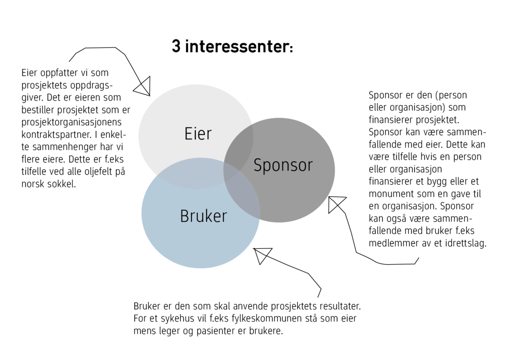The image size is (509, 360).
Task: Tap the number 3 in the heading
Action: click(x=176, y=46)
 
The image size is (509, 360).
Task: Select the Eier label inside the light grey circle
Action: click(x=198, y=134)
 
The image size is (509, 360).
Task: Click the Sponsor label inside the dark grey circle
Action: click(x=283, y=166)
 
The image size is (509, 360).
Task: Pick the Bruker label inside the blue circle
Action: click(x=204, y=216)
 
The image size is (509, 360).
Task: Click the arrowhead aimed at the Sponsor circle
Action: click(x=336, y=204)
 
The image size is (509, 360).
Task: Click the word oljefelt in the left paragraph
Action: click(x=98, y=172)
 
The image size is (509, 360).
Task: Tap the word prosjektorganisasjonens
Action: click(x=72, y=123)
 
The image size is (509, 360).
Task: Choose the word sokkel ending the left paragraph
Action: click(x=62, y=184)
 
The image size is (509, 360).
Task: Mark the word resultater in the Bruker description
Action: click(x=340, y=307)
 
